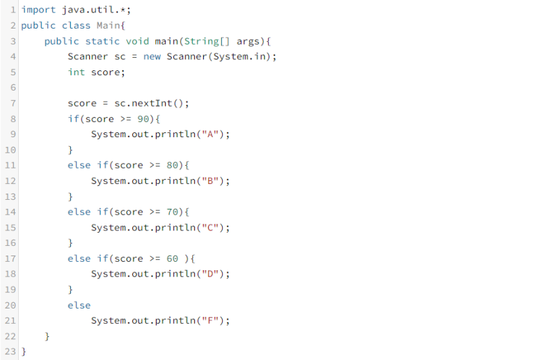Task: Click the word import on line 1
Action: pos(38,10)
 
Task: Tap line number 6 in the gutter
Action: pos(13,88)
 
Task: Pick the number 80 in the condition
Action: pos(175,166)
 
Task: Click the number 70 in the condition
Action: pos(175,212)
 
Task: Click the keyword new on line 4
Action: pos(152,56)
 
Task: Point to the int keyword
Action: pos(76,72)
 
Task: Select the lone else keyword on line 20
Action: pos(79,306)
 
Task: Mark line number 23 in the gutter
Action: pos(10,352)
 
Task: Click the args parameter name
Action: pos(248,41)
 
